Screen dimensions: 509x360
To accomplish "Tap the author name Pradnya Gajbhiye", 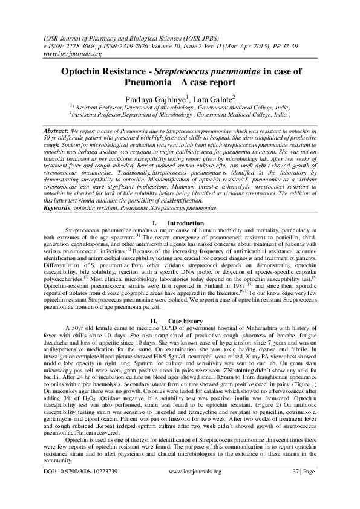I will point(154,99).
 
